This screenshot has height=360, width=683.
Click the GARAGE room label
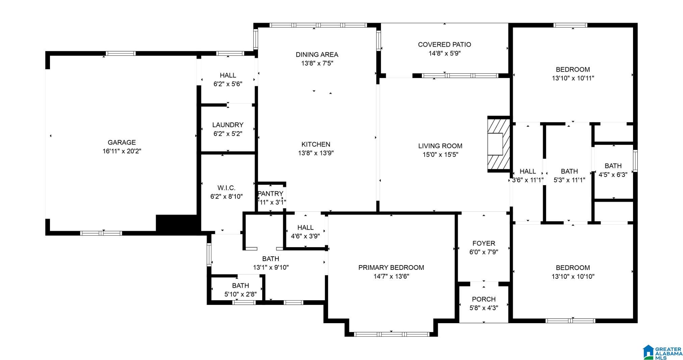coord(122,143)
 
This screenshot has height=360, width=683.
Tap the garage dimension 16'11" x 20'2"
coord(122,151)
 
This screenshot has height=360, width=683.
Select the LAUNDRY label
coord(228,125)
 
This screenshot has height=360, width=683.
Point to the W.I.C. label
coord(226,188)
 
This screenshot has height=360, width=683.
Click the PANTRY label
coord(271,194)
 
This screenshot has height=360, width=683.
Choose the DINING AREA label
coord(317,55)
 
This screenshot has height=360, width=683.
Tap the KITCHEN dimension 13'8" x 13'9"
coord(316,153)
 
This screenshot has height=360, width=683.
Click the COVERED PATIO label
coord(445,45)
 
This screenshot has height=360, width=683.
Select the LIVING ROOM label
coord(440,146)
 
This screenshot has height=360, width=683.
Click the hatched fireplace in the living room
coord(499,144)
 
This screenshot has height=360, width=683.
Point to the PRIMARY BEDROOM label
coord(391,268)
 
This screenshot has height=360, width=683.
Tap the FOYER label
coord(484,243)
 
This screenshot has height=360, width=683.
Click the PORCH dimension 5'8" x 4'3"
coord(484,308)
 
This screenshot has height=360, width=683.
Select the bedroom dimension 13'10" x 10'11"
coord(573,78)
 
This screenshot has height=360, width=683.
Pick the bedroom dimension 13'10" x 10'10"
coord(573,277)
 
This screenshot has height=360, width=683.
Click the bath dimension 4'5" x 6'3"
coord(613,175)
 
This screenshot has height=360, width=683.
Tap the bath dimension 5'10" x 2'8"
coord(241,294)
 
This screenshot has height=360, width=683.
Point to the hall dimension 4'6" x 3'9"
coord(305,236)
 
